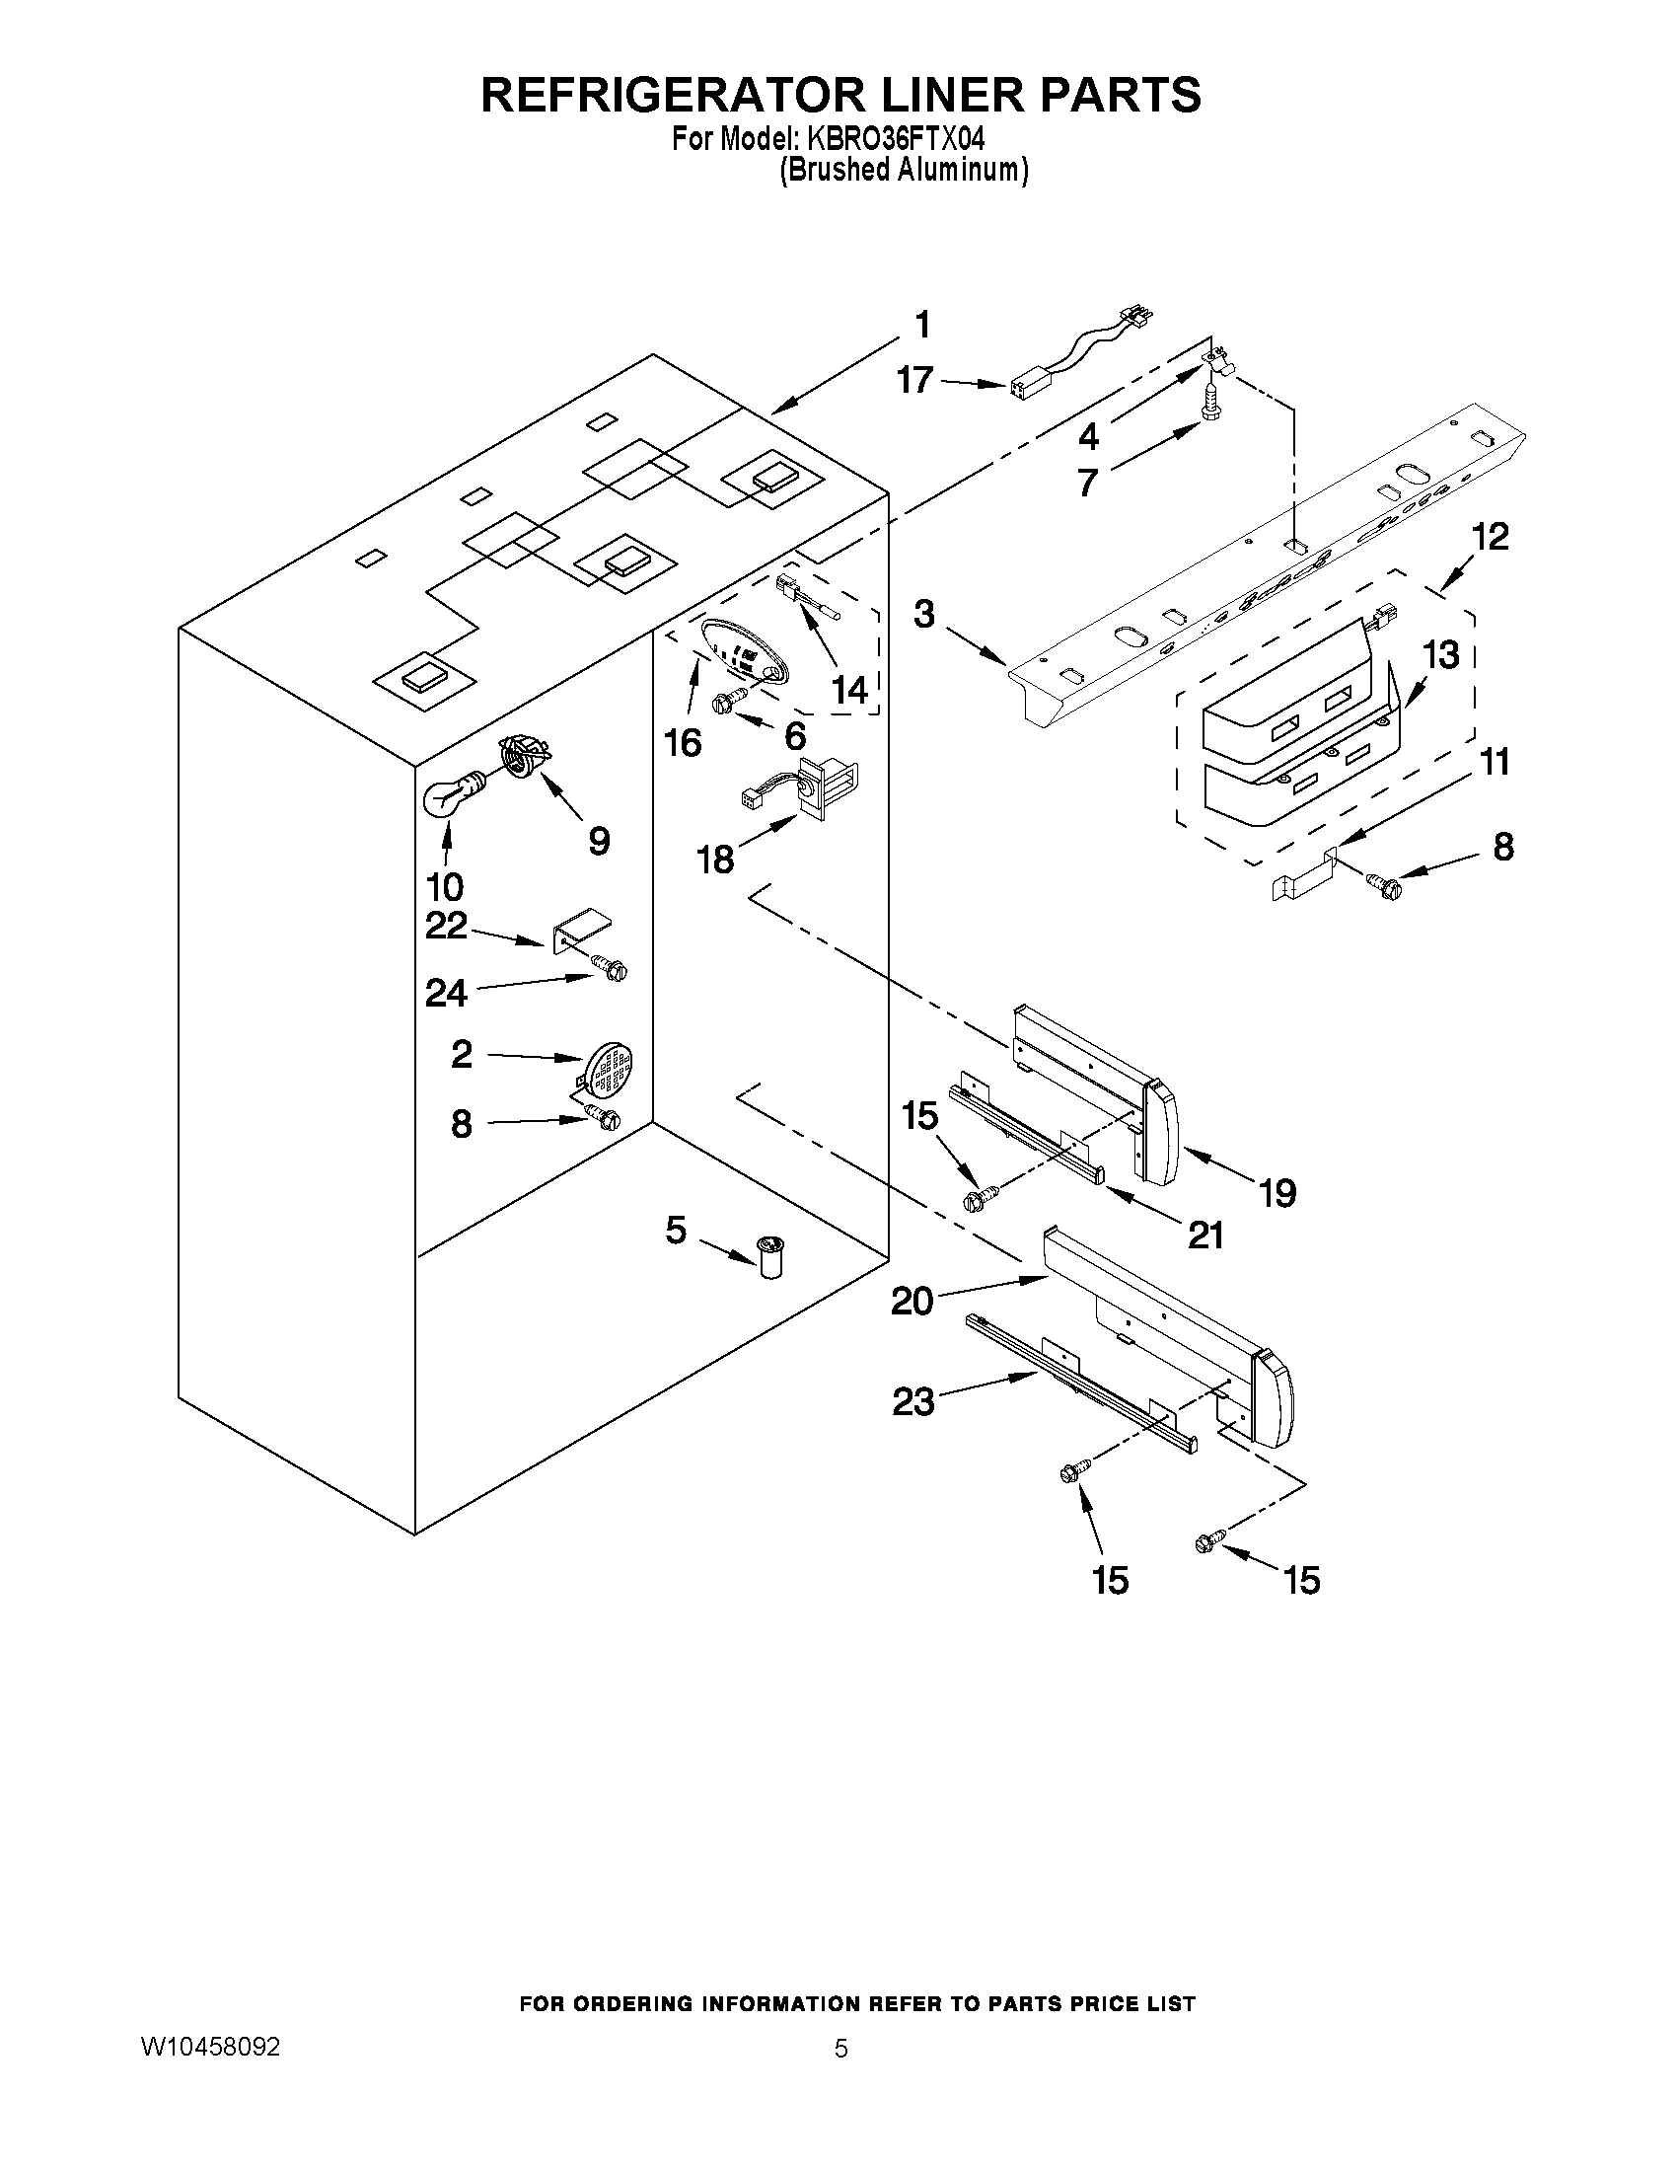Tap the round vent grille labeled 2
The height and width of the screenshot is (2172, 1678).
point(609,1067)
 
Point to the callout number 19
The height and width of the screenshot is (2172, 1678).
point(1277,1191)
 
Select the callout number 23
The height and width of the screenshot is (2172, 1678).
point(913,1401)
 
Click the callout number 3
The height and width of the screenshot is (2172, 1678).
point(924,614)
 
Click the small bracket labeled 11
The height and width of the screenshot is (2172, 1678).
point(1302,876)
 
